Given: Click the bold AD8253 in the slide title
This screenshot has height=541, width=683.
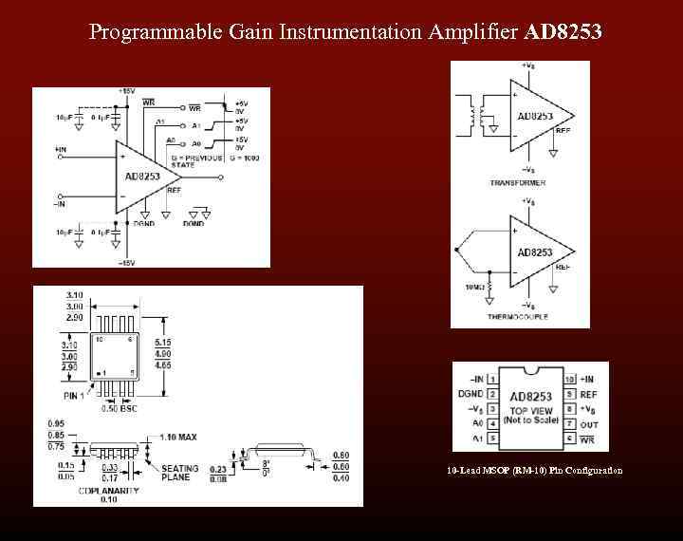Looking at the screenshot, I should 563,32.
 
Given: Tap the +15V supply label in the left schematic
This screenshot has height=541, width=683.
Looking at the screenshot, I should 127,92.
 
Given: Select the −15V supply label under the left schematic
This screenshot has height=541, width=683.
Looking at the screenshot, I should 125,261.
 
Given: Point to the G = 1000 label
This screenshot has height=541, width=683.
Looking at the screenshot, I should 244,159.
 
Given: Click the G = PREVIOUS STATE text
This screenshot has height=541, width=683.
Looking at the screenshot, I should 197,161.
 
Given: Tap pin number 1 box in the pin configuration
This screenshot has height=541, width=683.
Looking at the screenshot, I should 492,380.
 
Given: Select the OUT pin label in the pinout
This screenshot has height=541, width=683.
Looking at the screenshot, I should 588,423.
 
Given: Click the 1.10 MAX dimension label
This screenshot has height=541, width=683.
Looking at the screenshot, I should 178,438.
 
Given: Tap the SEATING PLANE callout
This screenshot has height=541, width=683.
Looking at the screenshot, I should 179,474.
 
